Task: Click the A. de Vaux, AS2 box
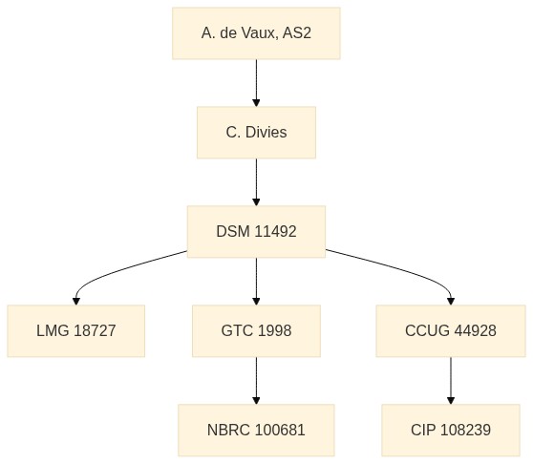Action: [x=256, y=33]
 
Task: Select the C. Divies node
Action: [x=256, y=133]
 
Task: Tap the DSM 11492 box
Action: [x=256, y=232]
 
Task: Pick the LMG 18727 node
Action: [x=76, y=331]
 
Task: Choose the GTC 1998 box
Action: [x=256, y=331]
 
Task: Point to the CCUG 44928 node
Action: [x=451, y=331]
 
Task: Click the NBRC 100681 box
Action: [x=256, y=430]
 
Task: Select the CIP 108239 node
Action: [x=451, y=430]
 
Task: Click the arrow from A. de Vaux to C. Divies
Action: [x=256, y=83]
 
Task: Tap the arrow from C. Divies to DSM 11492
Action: [x=256, y=182]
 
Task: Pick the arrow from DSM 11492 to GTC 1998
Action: [x=256, y=282]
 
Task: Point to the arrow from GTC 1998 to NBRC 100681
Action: [x=256, y=380]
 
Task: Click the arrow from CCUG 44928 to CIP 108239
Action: [x=451, y=380]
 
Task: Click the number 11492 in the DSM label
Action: [x=275, y=232]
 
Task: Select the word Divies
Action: [x=266, y=133]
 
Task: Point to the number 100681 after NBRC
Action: [x=280, y=430]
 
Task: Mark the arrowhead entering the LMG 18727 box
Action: [x=76, y=302]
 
